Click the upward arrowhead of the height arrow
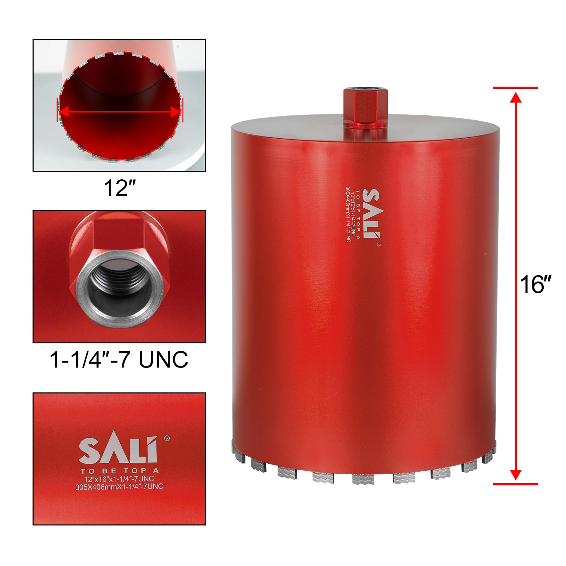pyautogui.click(x=516, y=98)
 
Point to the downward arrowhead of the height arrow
pyautogui.click(x=516, y=474)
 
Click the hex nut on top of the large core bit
pyautogui.click(x=365, y=109)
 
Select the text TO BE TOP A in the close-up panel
pyautogui.click(x=120, y=471)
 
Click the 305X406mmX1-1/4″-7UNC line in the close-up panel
pyautogui.click(x=119, y=486)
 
